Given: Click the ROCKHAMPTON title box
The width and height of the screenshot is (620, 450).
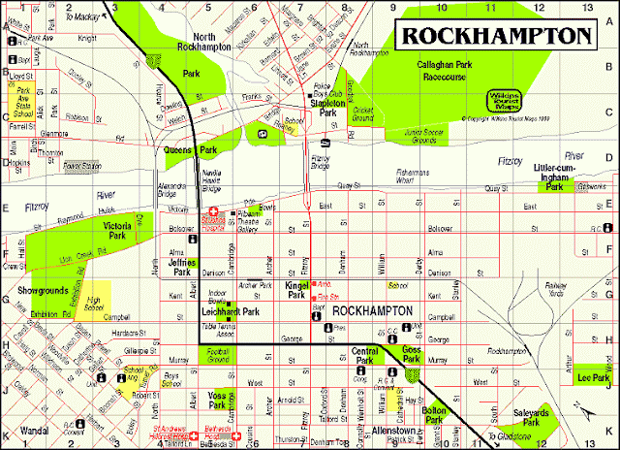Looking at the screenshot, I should tap(495, 36).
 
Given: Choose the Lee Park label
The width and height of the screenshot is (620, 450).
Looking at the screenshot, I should tap(592, 377).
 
